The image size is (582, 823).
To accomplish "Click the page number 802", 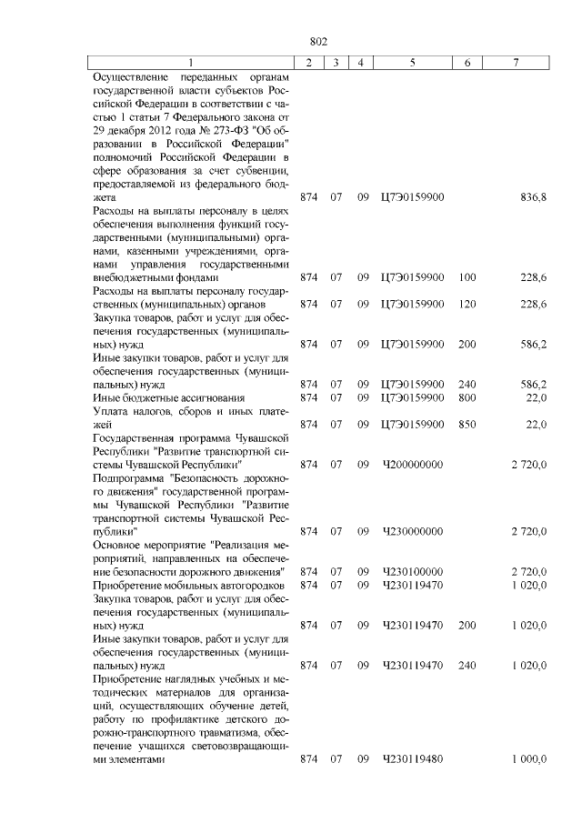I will coord(318,42).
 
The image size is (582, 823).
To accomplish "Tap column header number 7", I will coord(516,62).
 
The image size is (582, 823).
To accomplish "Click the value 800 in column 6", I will coord(467,397).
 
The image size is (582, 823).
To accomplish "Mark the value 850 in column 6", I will coord(467,424).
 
